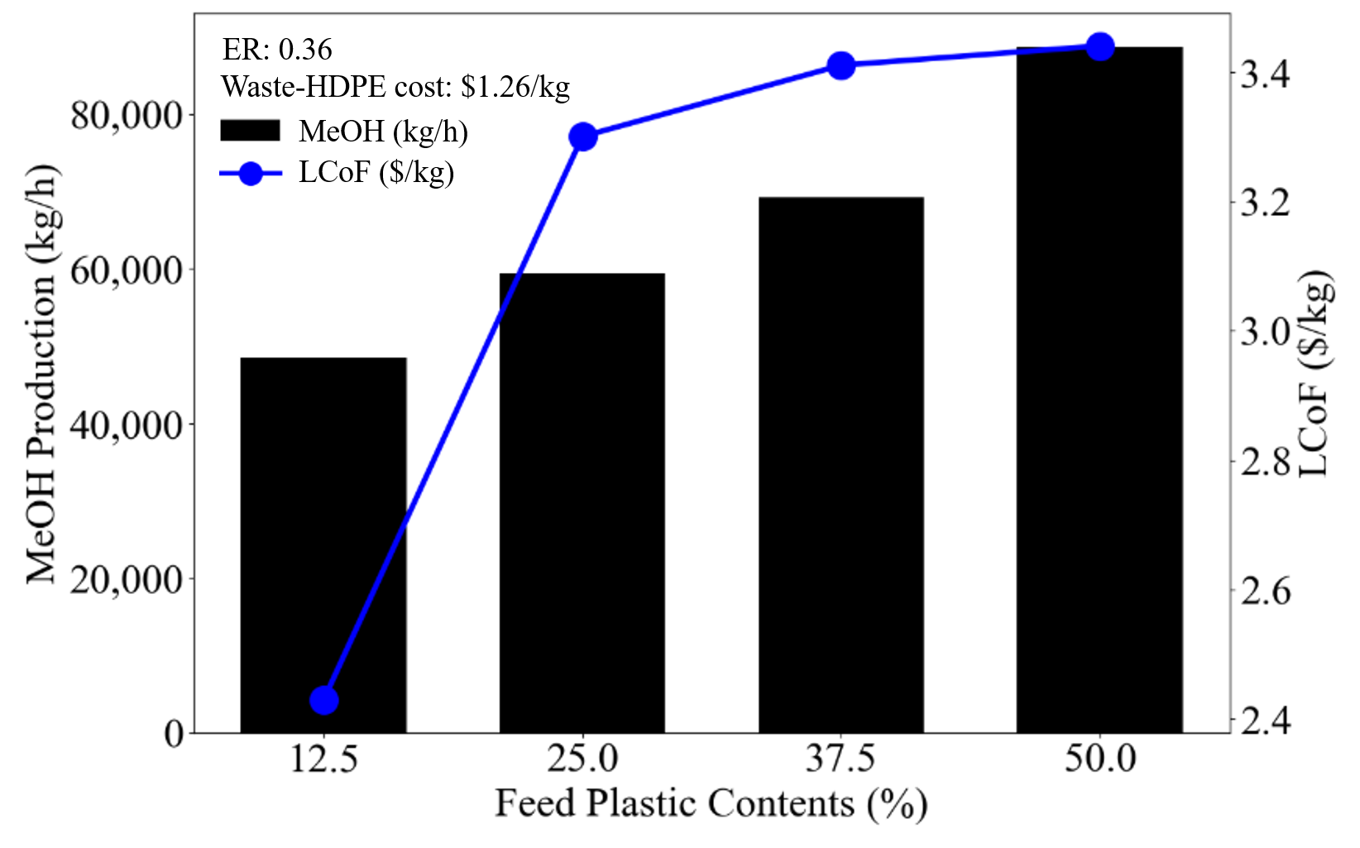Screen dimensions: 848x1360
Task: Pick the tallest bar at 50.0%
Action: [1099, 390]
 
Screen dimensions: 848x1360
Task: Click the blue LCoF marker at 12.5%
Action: [323, 701]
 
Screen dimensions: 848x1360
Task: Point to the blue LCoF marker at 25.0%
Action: [583, 137]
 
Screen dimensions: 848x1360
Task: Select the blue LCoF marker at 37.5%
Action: [841, 65]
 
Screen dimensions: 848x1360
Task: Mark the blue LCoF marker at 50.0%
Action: [1099, 47]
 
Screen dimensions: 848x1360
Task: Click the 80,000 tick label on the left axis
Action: [126, 116]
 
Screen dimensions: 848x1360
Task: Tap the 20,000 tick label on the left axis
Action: [126, 579]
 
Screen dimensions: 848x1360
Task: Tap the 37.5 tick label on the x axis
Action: [840, 759]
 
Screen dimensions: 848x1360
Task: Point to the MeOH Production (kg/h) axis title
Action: [41, 374]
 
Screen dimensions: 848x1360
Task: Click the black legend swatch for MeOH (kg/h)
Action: [250, 131]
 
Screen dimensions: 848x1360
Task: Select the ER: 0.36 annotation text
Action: [277, 50]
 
